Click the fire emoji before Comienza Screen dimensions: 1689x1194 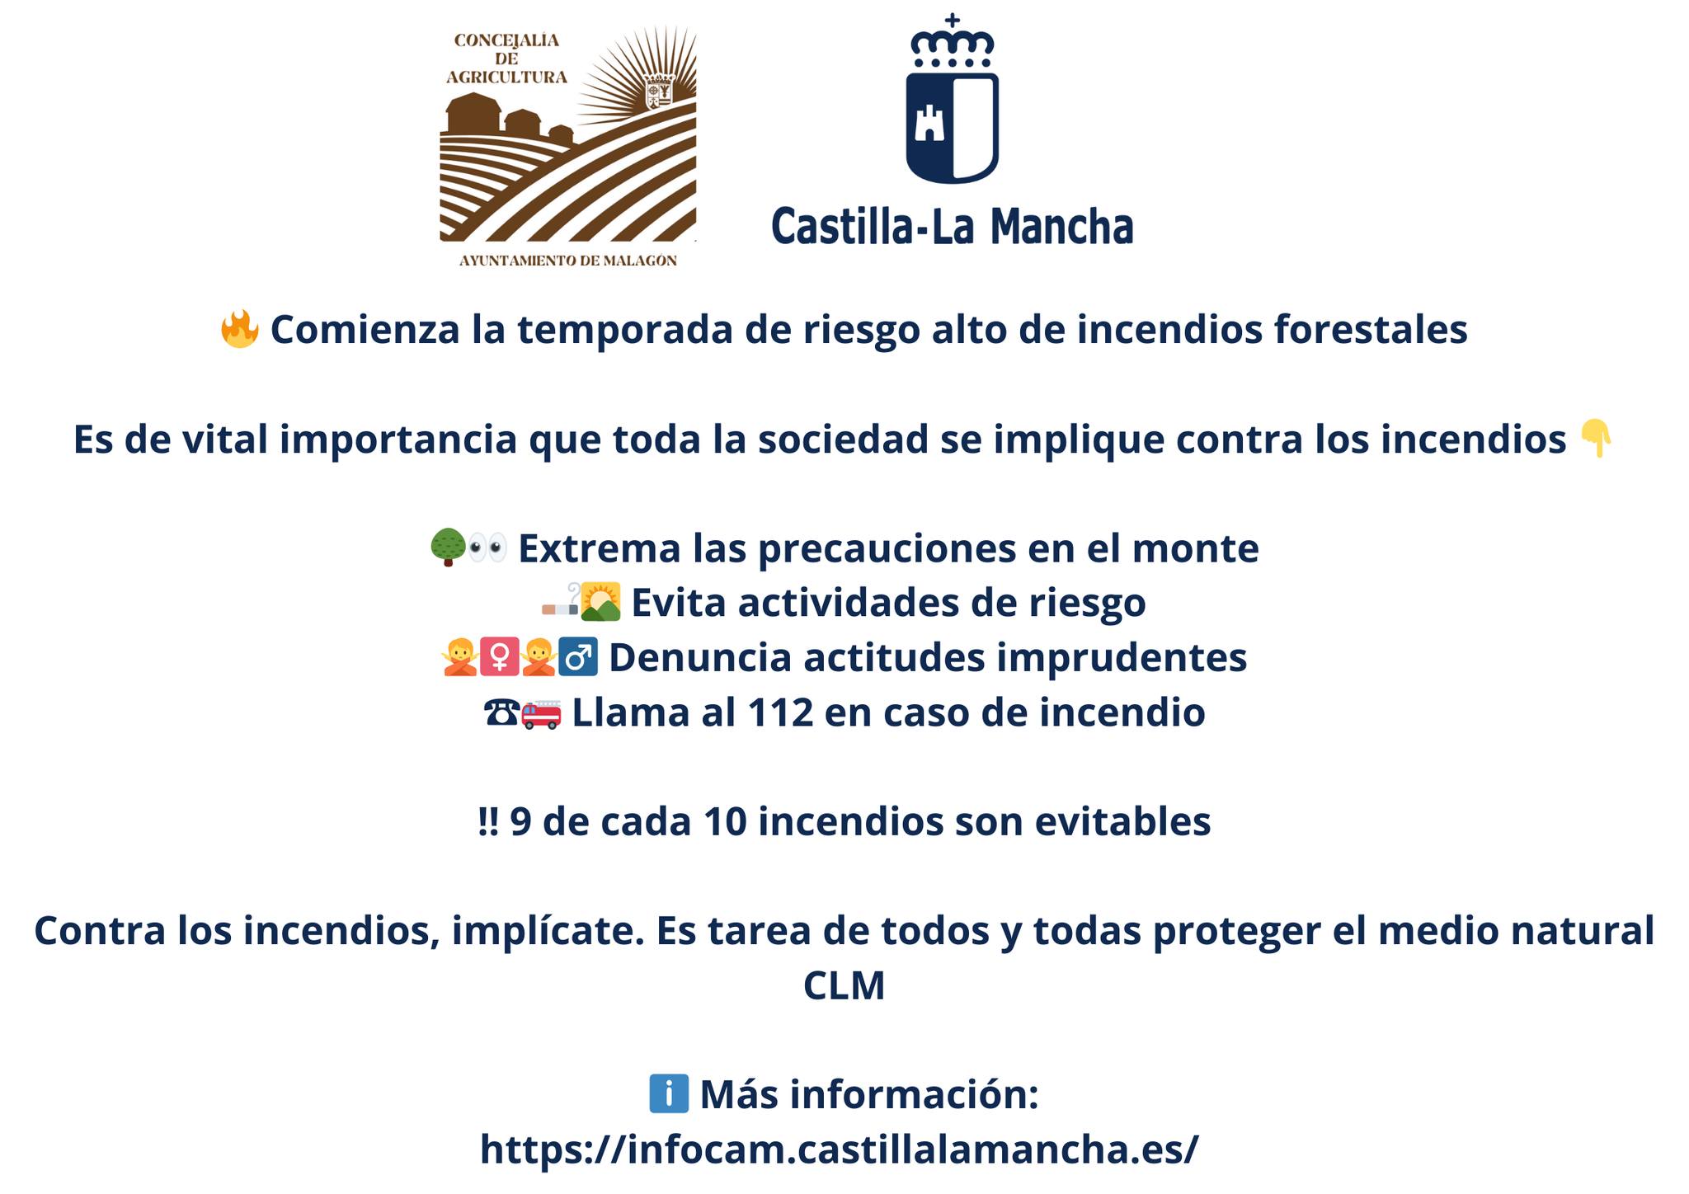[240, 329]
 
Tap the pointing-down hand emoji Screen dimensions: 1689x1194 [1595, 439]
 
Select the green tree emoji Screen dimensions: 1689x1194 [449, 548]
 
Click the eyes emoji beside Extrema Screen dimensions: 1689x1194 [487, 548]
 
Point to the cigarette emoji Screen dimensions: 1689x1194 [560, 604]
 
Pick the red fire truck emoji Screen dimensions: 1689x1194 [542, 712]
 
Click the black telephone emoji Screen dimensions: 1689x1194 [502, 712]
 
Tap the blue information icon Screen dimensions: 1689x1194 [669, 1094]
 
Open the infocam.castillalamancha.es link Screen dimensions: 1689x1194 [840, 1149]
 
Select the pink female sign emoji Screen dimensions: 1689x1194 [499, 657]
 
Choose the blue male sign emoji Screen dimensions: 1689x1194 [578, 657]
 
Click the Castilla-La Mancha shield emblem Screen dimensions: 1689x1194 [953, 127]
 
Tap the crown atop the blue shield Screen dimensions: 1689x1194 [953, 40]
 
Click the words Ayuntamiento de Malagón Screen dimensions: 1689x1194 [568, 261]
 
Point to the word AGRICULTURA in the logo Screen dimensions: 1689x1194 [507, 78]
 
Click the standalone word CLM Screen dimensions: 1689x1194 [844, 985]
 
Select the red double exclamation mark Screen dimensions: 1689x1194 [489, 821]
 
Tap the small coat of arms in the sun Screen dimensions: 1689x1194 [659, 91]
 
